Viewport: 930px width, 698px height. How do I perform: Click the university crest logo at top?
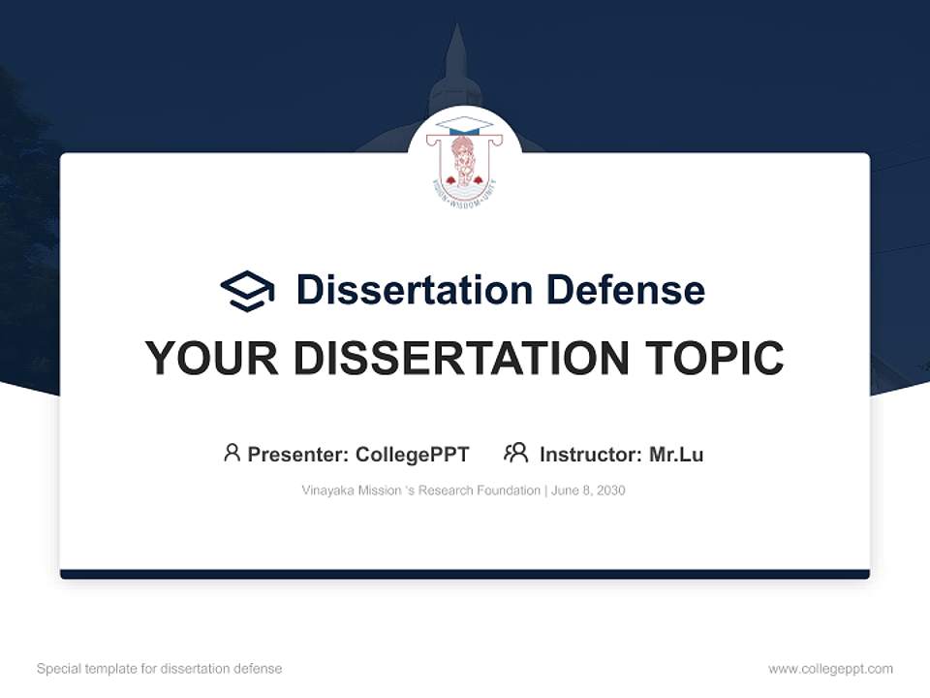click(x=465, y=157)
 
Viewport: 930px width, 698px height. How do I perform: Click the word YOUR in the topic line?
click(x=212, y=359)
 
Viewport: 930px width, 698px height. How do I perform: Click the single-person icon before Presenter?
click(x=232, y=453)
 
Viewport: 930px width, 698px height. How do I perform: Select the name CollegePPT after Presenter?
click(x=413, y=454)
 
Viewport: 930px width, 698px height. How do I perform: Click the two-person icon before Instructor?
click(x=515, y=453)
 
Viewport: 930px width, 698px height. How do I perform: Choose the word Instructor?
click(x=590, y=454)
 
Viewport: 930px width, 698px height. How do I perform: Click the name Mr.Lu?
click(x=676, y=454)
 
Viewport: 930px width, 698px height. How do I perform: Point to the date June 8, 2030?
click(x=590, y=491)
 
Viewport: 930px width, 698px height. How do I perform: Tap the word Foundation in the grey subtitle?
click(x=508, y=491)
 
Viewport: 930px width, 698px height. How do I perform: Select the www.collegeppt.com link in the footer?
click(x=830, y=669)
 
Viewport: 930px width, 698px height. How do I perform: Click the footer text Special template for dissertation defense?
click(x=160, y=669)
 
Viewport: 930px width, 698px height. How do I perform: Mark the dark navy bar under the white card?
click(x=465, y=574)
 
